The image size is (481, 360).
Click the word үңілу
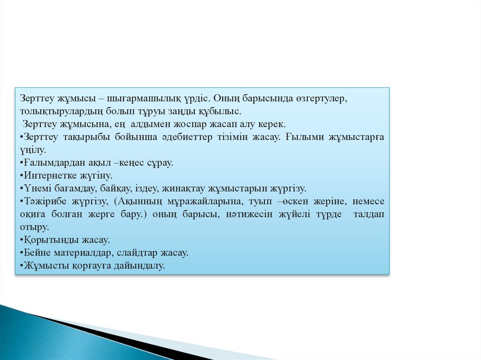pyautogui.click(x=33, y=150)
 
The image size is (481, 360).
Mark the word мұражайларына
pyautogui.click(x=204, y=201)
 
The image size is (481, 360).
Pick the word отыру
pyautogui.click(x=34, y=227)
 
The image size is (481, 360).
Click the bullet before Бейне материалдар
pyautogui.click(x=22, y=253)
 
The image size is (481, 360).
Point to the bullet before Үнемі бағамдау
pyautogui.click(x=22, y=189)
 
